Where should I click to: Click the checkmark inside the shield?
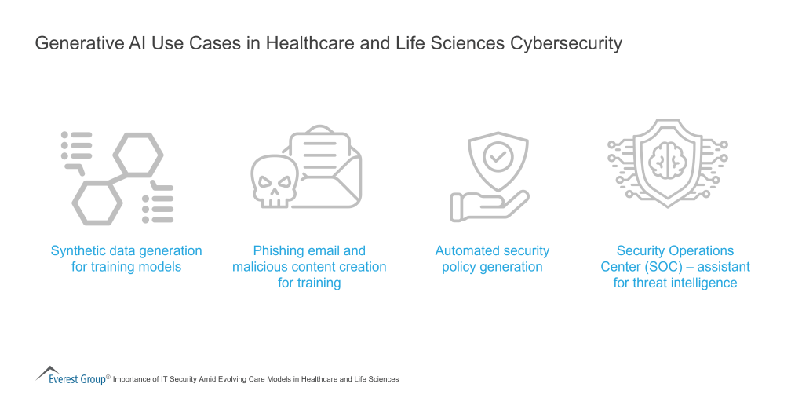point(496,156)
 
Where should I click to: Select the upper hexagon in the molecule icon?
point(138,155)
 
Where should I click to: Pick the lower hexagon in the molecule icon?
point(97,202)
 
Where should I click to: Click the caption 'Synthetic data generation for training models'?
point(126,259)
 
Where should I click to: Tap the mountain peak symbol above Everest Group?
point(48,370)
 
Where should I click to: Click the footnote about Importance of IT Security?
point(256,379)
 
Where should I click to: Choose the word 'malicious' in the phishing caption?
point(261,267)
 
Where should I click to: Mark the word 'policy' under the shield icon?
point(459,267)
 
